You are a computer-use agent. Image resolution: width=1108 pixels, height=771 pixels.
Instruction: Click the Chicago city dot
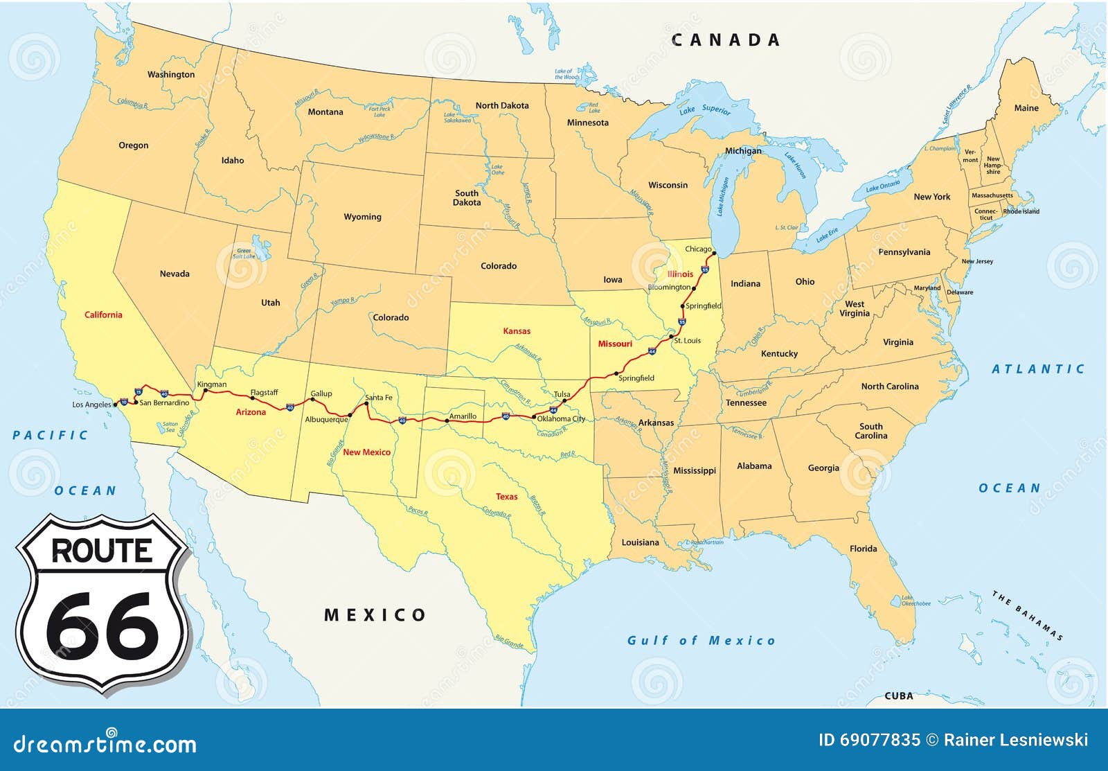[714, 254]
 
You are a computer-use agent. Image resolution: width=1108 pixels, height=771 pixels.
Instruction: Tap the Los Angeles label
[91, 405]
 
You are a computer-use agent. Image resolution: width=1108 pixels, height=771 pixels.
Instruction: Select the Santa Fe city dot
[366, 403]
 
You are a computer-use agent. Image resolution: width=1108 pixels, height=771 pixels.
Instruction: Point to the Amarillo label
[463, 416]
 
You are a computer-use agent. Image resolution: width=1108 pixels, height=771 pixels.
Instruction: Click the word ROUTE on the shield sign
[102, 551]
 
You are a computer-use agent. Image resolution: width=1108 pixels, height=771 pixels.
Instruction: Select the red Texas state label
[506, 497]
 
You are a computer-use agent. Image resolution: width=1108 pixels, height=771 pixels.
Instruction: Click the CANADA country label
[726, 40]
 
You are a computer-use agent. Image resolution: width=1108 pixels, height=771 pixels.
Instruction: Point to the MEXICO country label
[375, 614]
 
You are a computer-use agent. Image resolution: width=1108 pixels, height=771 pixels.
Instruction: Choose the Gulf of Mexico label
[701, 641]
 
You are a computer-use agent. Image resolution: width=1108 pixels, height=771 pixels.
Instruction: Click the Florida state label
[863, 549]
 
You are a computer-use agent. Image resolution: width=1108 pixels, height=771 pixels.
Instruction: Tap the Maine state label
[1026, 108]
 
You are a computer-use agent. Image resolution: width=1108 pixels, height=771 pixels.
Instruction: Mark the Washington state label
[171, 75]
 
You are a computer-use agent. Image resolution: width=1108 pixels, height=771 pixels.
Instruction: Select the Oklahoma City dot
[534, 417]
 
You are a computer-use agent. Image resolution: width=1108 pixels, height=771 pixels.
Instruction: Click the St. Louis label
[687, 341]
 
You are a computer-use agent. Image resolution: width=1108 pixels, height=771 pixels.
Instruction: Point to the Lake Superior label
[705, 109]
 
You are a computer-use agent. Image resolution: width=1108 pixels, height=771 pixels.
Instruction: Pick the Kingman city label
[211, 384]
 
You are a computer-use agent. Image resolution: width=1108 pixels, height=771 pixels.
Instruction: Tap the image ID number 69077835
[869, 741]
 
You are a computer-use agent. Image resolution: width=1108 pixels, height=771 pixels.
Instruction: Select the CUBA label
[899, 695]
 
